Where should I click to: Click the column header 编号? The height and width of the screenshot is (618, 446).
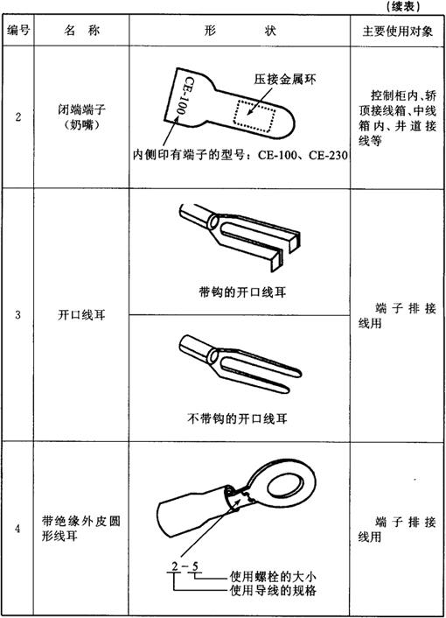coord(18,30)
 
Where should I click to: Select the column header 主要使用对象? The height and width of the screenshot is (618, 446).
coord(397,31)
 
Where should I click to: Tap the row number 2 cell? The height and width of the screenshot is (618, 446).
coord(18,117)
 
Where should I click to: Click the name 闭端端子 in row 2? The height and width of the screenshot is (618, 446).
coord(81,109)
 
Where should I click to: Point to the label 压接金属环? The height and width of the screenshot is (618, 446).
coord(284,80)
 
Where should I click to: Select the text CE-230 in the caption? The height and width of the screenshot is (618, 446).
coord(328,155)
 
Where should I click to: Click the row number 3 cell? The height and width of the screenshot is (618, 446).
coord(18,315)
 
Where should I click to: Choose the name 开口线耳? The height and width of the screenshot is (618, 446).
coord(81,315)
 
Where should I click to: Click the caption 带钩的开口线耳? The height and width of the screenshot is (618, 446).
coord(242,292)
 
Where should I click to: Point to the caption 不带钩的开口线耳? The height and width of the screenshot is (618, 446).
coord(237,418)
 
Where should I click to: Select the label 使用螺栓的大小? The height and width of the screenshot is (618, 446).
coord(272,577)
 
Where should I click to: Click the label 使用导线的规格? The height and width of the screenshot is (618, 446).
coord(272,590)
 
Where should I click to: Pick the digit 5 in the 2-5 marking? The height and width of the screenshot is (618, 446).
coord(194,566)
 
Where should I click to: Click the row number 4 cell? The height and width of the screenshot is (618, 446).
coord(18,529)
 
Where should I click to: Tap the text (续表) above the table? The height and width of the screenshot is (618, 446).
coord(403,6)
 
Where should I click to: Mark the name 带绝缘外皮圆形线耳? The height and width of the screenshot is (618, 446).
coord(80,529)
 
